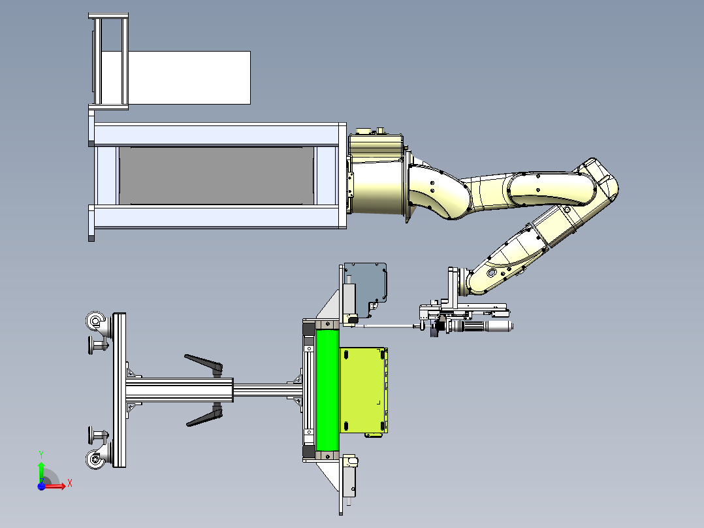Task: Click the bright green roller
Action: tap(327, 390)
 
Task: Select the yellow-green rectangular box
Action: tap(364, 390)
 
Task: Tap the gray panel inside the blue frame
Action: tap(216, 176)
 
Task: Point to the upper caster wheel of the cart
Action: tap(95, 322)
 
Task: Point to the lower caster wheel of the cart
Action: tap(95, 459)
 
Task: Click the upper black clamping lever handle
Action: tap(204, 363)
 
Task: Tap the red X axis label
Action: tap(70, 484)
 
